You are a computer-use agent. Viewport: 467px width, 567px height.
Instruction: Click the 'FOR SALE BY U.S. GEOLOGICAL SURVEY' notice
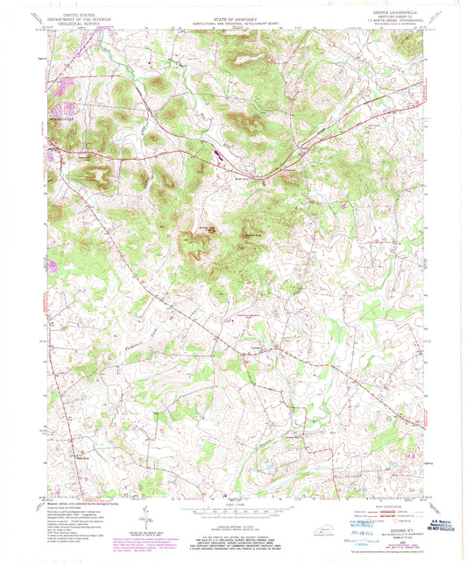pos(232,528)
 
